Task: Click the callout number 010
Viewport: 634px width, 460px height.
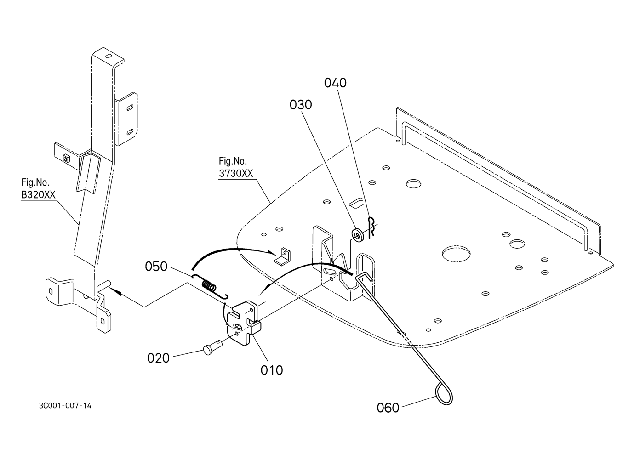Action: click(271, 370)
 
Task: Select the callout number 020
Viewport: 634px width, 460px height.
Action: click(158, 358)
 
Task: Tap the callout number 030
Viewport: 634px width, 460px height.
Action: click(301, 105)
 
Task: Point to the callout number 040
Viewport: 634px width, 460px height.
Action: click(335, 83)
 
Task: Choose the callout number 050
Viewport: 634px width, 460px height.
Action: click(156, 267)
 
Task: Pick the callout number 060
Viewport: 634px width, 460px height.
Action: click(388, 408)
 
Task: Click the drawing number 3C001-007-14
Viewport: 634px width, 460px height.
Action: click(65, 406)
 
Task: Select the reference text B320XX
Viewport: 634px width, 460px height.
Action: click(38, 195)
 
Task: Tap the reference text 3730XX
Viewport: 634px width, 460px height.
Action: click(236, 173)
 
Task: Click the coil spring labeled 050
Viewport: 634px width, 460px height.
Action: click(210, 286)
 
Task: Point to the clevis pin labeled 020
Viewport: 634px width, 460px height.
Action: click(212, 346)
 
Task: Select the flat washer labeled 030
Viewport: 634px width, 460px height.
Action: click(358, 236)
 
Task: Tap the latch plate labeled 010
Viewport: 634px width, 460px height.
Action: click(244, 323)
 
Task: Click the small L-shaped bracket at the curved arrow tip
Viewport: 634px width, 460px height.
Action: click(283, 257)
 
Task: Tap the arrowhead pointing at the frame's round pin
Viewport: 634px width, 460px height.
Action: click(115, 292)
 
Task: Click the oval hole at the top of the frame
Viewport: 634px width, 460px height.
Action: click(108, 56)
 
